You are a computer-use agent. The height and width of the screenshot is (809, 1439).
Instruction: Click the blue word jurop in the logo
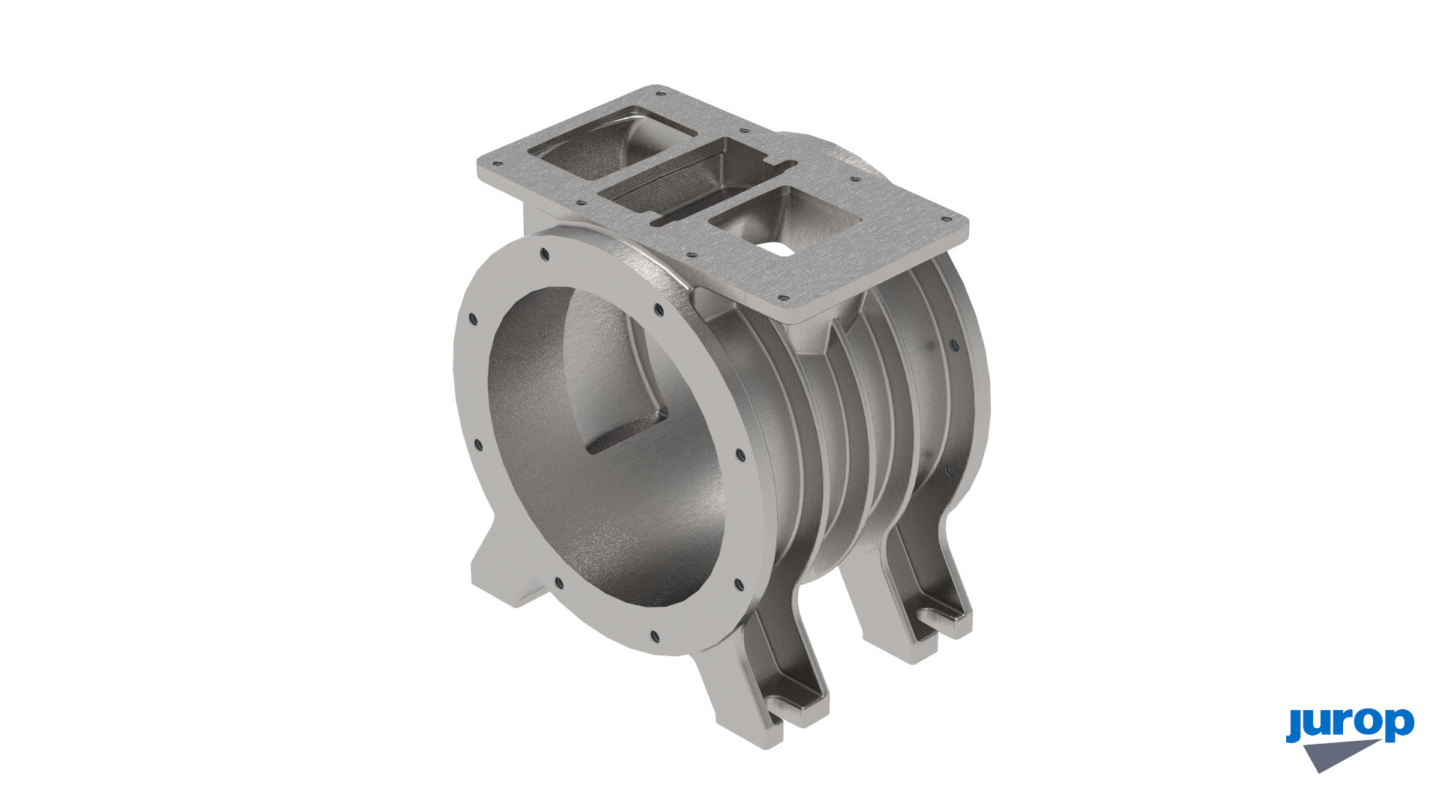pyautogui.click(x=1350, y=725)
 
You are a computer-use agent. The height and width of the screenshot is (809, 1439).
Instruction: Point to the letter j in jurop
pyautogui.click(x=1294, y=725)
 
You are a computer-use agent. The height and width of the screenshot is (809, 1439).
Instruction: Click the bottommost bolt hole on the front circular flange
pyautogui.click(x=654, y=637)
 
